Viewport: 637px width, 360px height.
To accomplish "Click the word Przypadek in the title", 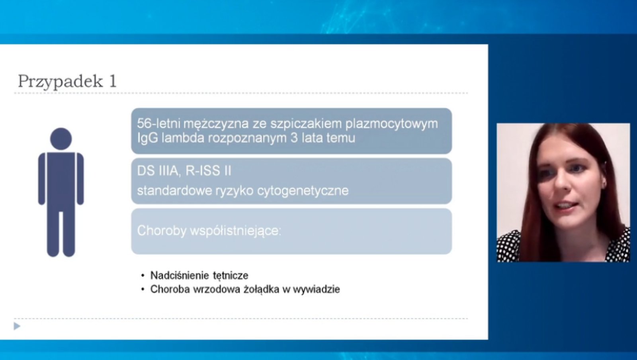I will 60,82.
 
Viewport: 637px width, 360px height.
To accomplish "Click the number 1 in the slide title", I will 113,81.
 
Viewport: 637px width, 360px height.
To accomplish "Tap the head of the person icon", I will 61,139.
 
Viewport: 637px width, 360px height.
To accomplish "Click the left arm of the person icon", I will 42,179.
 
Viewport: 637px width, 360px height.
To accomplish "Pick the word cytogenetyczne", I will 303,191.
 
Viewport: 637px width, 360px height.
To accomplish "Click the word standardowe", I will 174,191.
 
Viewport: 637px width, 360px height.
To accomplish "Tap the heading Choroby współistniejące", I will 209,231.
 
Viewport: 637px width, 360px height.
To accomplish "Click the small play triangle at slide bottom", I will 17,327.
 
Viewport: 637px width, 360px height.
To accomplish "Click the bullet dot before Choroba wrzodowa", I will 143,290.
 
